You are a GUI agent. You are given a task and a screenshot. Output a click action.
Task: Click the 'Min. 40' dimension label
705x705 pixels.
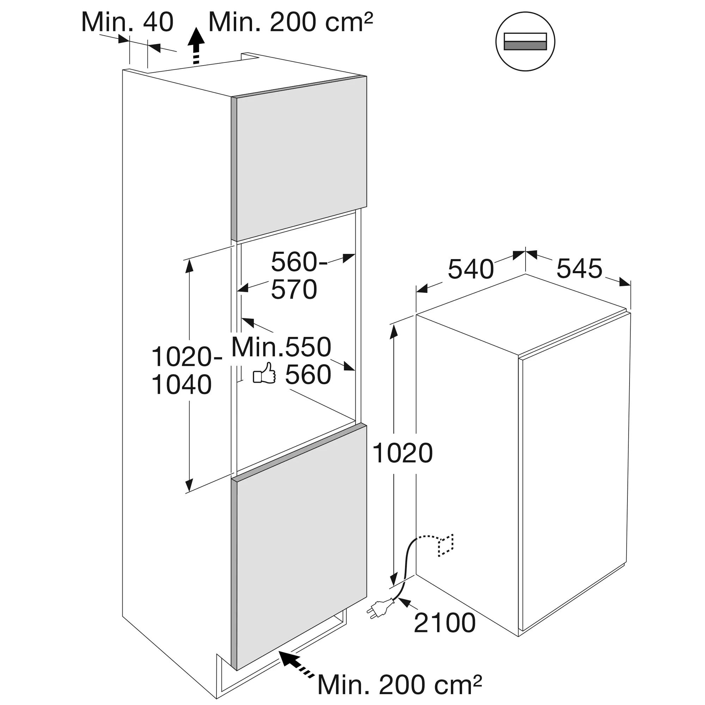click(x=127, y=22)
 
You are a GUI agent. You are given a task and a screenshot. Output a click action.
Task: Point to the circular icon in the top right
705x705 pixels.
click(x=525, y=41)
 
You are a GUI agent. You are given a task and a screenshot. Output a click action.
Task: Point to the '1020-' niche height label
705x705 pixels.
click(x=186, y=357)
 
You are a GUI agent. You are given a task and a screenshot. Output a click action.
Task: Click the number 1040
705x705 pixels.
click(x=181, y=385)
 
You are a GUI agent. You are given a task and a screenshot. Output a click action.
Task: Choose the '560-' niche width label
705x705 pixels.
click(x=299, y=262)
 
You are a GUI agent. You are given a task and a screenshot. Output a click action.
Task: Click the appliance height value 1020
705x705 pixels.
click(x=403, y=454)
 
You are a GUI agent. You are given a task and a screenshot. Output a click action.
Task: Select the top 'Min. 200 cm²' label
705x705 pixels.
click(x=290, y=22)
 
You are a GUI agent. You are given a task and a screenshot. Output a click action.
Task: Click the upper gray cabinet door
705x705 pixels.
click(x=299, y=158)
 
